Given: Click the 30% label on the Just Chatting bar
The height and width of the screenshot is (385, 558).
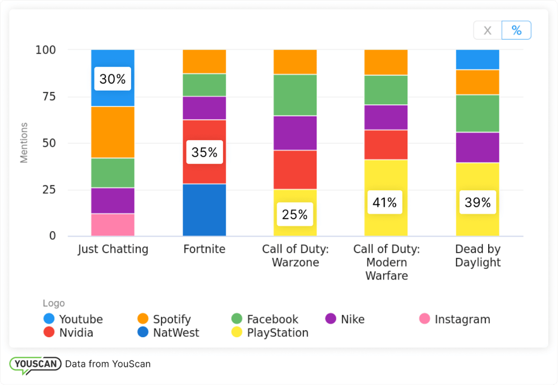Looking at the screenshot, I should point(112,79).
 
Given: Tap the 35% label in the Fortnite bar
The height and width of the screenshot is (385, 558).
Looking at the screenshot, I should point(204,152).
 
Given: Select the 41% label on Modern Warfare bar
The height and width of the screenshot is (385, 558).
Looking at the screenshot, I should point(384,203).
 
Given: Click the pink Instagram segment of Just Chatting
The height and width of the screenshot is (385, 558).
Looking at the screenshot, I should point(112,225).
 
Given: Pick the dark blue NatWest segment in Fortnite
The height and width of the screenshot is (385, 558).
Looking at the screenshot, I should point(204,210).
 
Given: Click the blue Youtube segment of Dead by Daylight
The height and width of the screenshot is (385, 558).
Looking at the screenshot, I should point(477,60).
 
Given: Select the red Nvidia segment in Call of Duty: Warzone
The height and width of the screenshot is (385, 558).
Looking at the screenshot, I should point(295,169).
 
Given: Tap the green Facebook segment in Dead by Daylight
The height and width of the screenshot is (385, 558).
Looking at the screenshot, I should point(477,113).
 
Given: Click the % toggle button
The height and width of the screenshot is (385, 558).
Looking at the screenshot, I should point(516,30).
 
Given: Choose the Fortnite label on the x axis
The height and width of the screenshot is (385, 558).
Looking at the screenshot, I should point(204,249).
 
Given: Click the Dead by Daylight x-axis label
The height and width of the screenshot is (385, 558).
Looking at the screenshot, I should point(478,256).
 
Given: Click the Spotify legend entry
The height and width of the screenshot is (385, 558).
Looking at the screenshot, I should point(165,319).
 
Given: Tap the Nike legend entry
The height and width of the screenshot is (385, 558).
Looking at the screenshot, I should point(345,319).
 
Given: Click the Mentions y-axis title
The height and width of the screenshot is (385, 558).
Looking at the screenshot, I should point(24,143).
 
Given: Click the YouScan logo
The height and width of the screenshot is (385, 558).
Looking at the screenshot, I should point(35,365).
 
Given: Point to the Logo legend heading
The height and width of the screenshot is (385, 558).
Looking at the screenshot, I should point(54,303).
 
